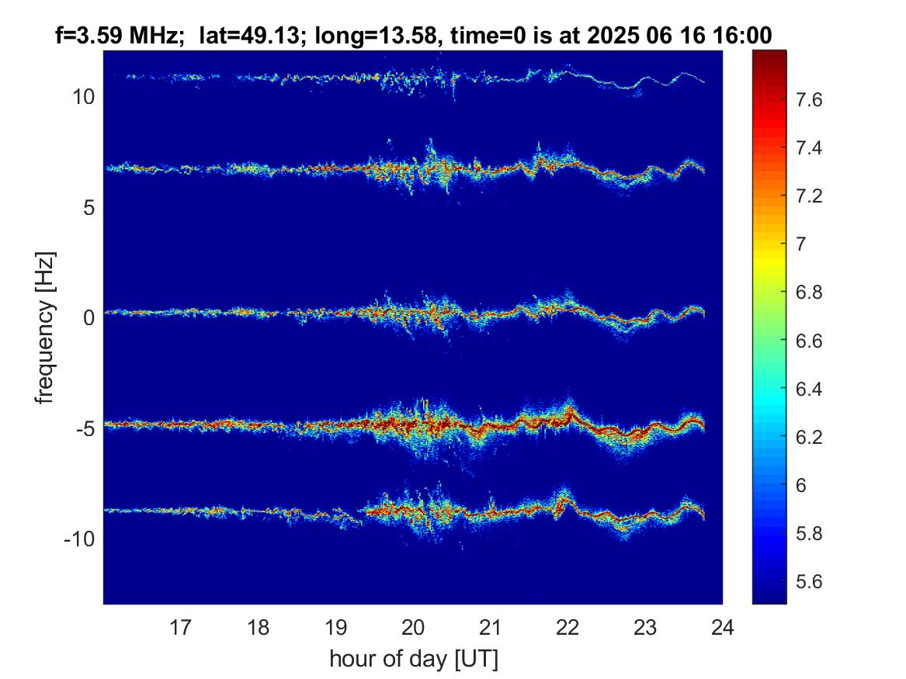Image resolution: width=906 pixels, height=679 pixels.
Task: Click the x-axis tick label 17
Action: pos(180,626)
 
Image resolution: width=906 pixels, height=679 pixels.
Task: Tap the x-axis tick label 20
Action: pos(413,626)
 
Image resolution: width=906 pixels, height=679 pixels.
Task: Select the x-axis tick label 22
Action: pos(568,626)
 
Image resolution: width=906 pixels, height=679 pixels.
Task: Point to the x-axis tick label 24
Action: pos(722,626)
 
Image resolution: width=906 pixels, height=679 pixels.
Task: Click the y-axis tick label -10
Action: pos(80,539)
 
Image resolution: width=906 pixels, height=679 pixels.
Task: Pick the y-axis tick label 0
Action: pos(89,317)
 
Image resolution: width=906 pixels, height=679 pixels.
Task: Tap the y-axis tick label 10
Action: pos(85,96)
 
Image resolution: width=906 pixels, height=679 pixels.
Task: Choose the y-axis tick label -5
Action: pos(85,428)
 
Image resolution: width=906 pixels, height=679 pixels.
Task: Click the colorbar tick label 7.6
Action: pos(808,100)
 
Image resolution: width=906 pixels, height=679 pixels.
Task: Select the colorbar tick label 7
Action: pos(800,244)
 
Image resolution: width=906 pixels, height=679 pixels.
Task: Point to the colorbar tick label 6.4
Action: pos(808,389)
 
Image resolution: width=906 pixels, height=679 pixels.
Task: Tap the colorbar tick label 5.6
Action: pos(808,581)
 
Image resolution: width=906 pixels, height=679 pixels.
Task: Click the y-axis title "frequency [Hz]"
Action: pos(45,328)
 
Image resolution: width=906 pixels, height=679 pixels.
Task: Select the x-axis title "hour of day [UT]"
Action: pos(414,658)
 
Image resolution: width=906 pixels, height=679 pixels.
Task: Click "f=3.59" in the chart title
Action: pos(88,36)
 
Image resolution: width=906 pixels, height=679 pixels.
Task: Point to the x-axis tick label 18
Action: pos(259,626)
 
